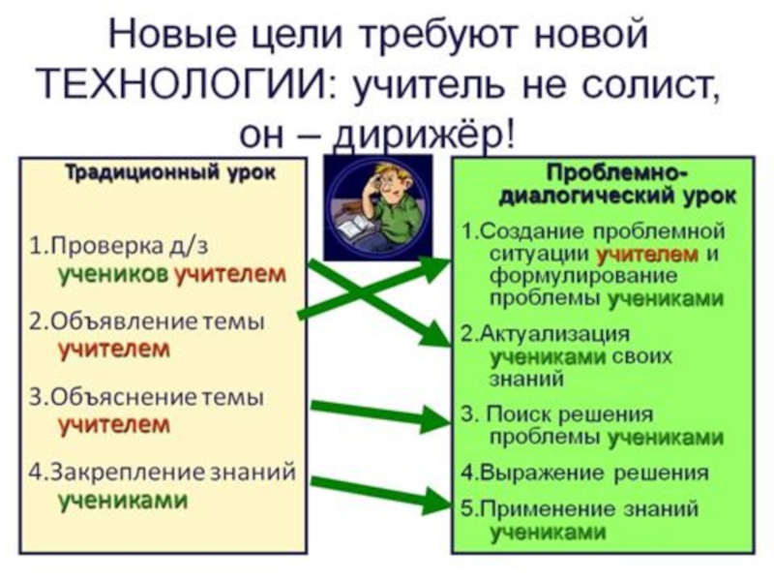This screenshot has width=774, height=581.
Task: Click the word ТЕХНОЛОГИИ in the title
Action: point(184,84)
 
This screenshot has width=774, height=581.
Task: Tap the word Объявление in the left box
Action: point(110,321)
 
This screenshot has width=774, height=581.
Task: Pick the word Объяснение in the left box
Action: point(111,397)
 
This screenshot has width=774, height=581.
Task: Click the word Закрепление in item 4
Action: point(116,473)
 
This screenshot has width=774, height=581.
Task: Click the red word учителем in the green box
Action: point(647,255)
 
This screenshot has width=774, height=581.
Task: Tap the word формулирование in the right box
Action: point(561,276)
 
